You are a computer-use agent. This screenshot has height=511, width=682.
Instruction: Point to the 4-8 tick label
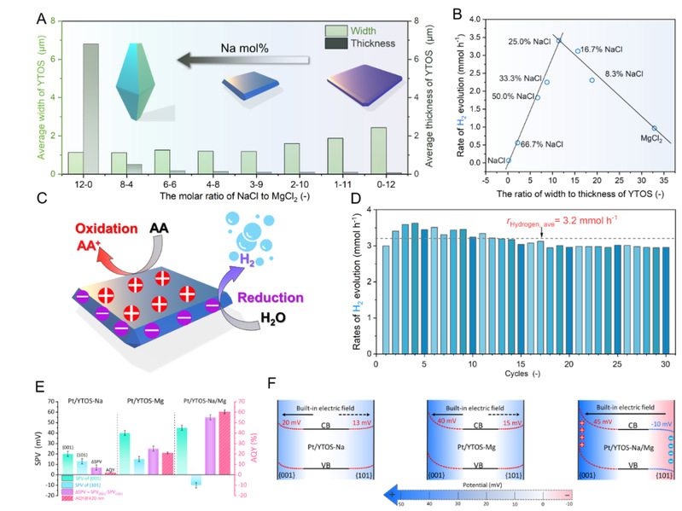[x=205, y=183]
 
